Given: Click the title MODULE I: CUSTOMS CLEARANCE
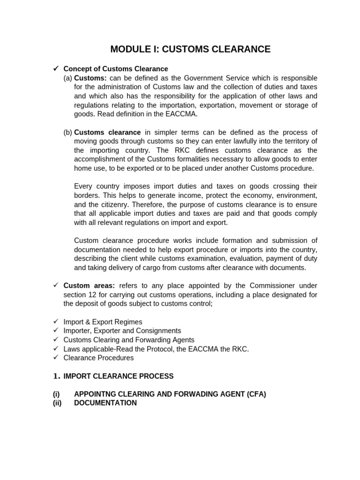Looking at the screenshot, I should [190, 49].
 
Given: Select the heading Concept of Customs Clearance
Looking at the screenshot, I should [115, 69].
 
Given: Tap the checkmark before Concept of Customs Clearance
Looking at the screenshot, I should [55, 69].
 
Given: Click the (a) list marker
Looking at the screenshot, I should [68, 78].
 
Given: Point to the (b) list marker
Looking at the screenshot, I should [68, 132].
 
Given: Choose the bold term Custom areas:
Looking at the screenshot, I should [89, 285].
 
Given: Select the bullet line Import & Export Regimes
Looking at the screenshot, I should [103, 322].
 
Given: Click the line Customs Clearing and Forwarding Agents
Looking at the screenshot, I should [128, 340].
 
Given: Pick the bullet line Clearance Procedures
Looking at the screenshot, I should [98, 358].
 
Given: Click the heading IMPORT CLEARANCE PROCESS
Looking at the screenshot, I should [118, 376].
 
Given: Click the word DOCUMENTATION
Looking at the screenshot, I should [105, 403].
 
